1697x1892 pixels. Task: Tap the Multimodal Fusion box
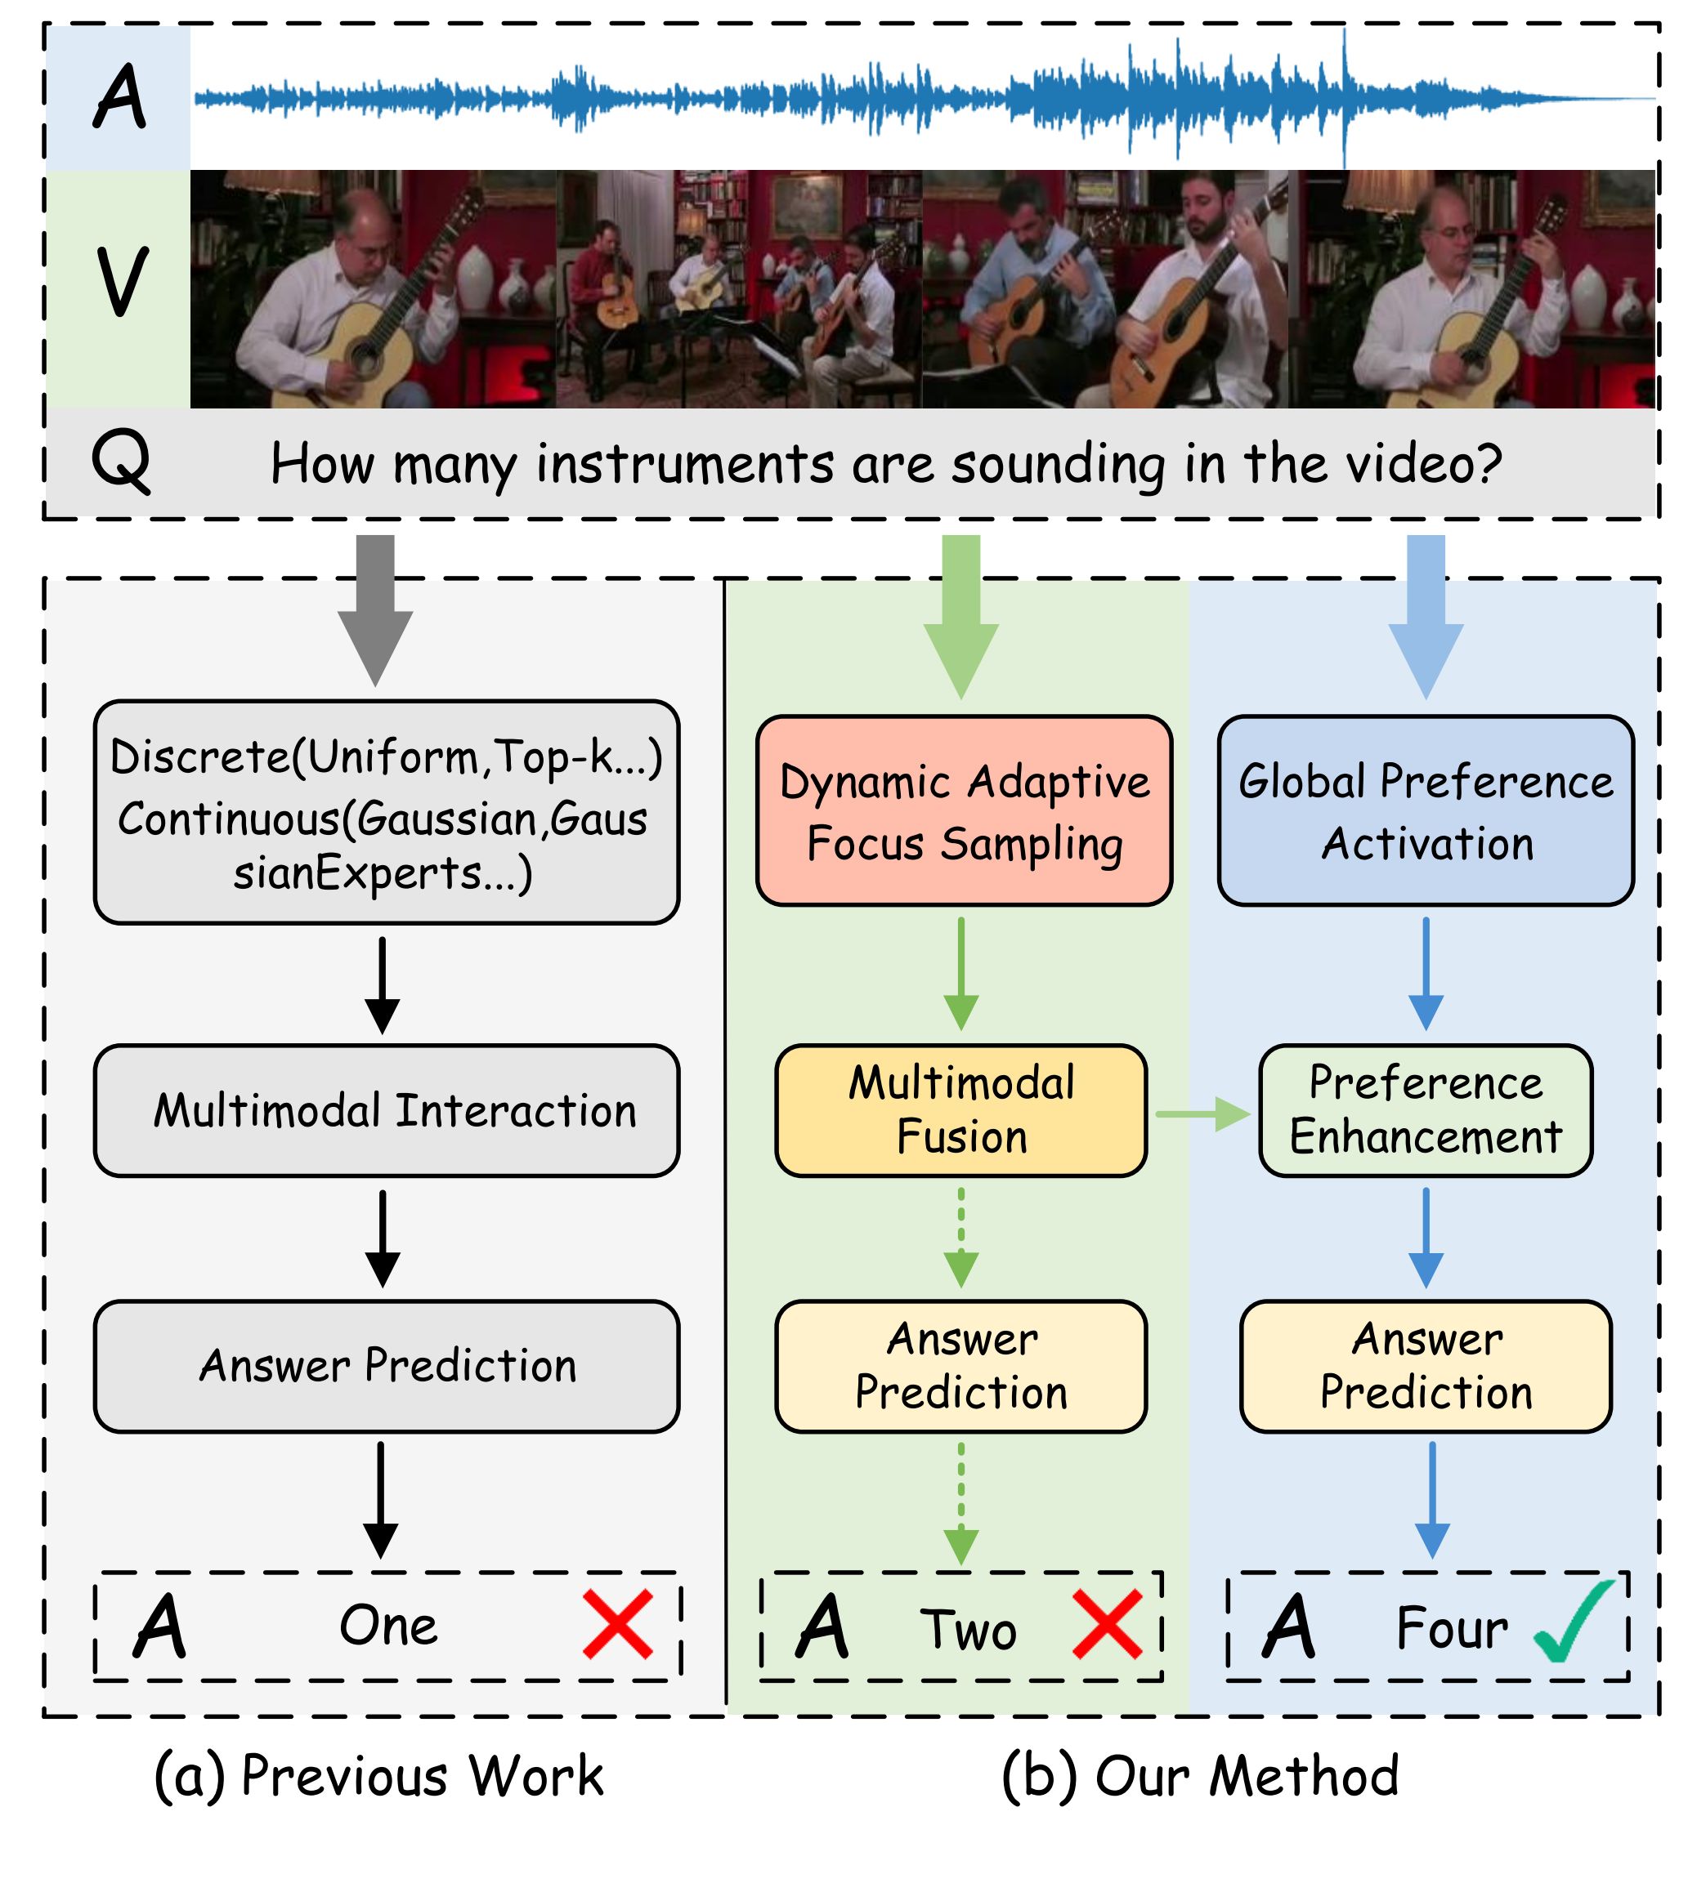pyautogui.click(x=960, y=1110)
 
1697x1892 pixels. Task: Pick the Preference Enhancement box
pyautogui.click(x=1425, y=1110)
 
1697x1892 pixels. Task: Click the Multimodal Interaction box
pyautogui.click(x=386, y=1110)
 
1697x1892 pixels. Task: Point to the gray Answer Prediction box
pyautogui.click(x=386, y=1365)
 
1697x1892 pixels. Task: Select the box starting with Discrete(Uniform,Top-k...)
pyautogui.click(x=386, y=812)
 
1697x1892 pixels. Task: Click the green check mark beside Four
pyautogui.click(x=1572, y=1622)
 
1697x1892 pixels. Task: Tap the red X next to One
pyautogui.click(x=617, y=1625)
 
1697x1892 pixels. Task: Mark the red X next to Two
pyautogui.click(x=1107, y=1625)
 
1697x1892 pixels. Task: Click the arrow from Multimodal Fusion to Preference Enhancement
pyautogui.click(x=1202, y=1113)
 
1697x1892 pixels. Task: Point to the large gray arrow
pyautogui.click(x=375, y=610)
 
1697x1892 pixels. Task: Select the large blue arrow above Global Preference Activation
pyautogui.click(x=1425, y=615)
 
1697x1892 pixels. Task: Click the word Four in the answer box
pyautogui.click(x=1451, y=1628)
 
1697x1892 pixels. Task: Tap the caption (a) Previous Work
pyautogui.click(x=378, y=1775)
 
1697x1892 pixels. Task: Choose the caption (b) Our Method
pyautogui.click(x=1199, y=1775)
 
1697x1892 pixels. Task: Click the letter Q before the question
pyautogui.click(x=121, y=463)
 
